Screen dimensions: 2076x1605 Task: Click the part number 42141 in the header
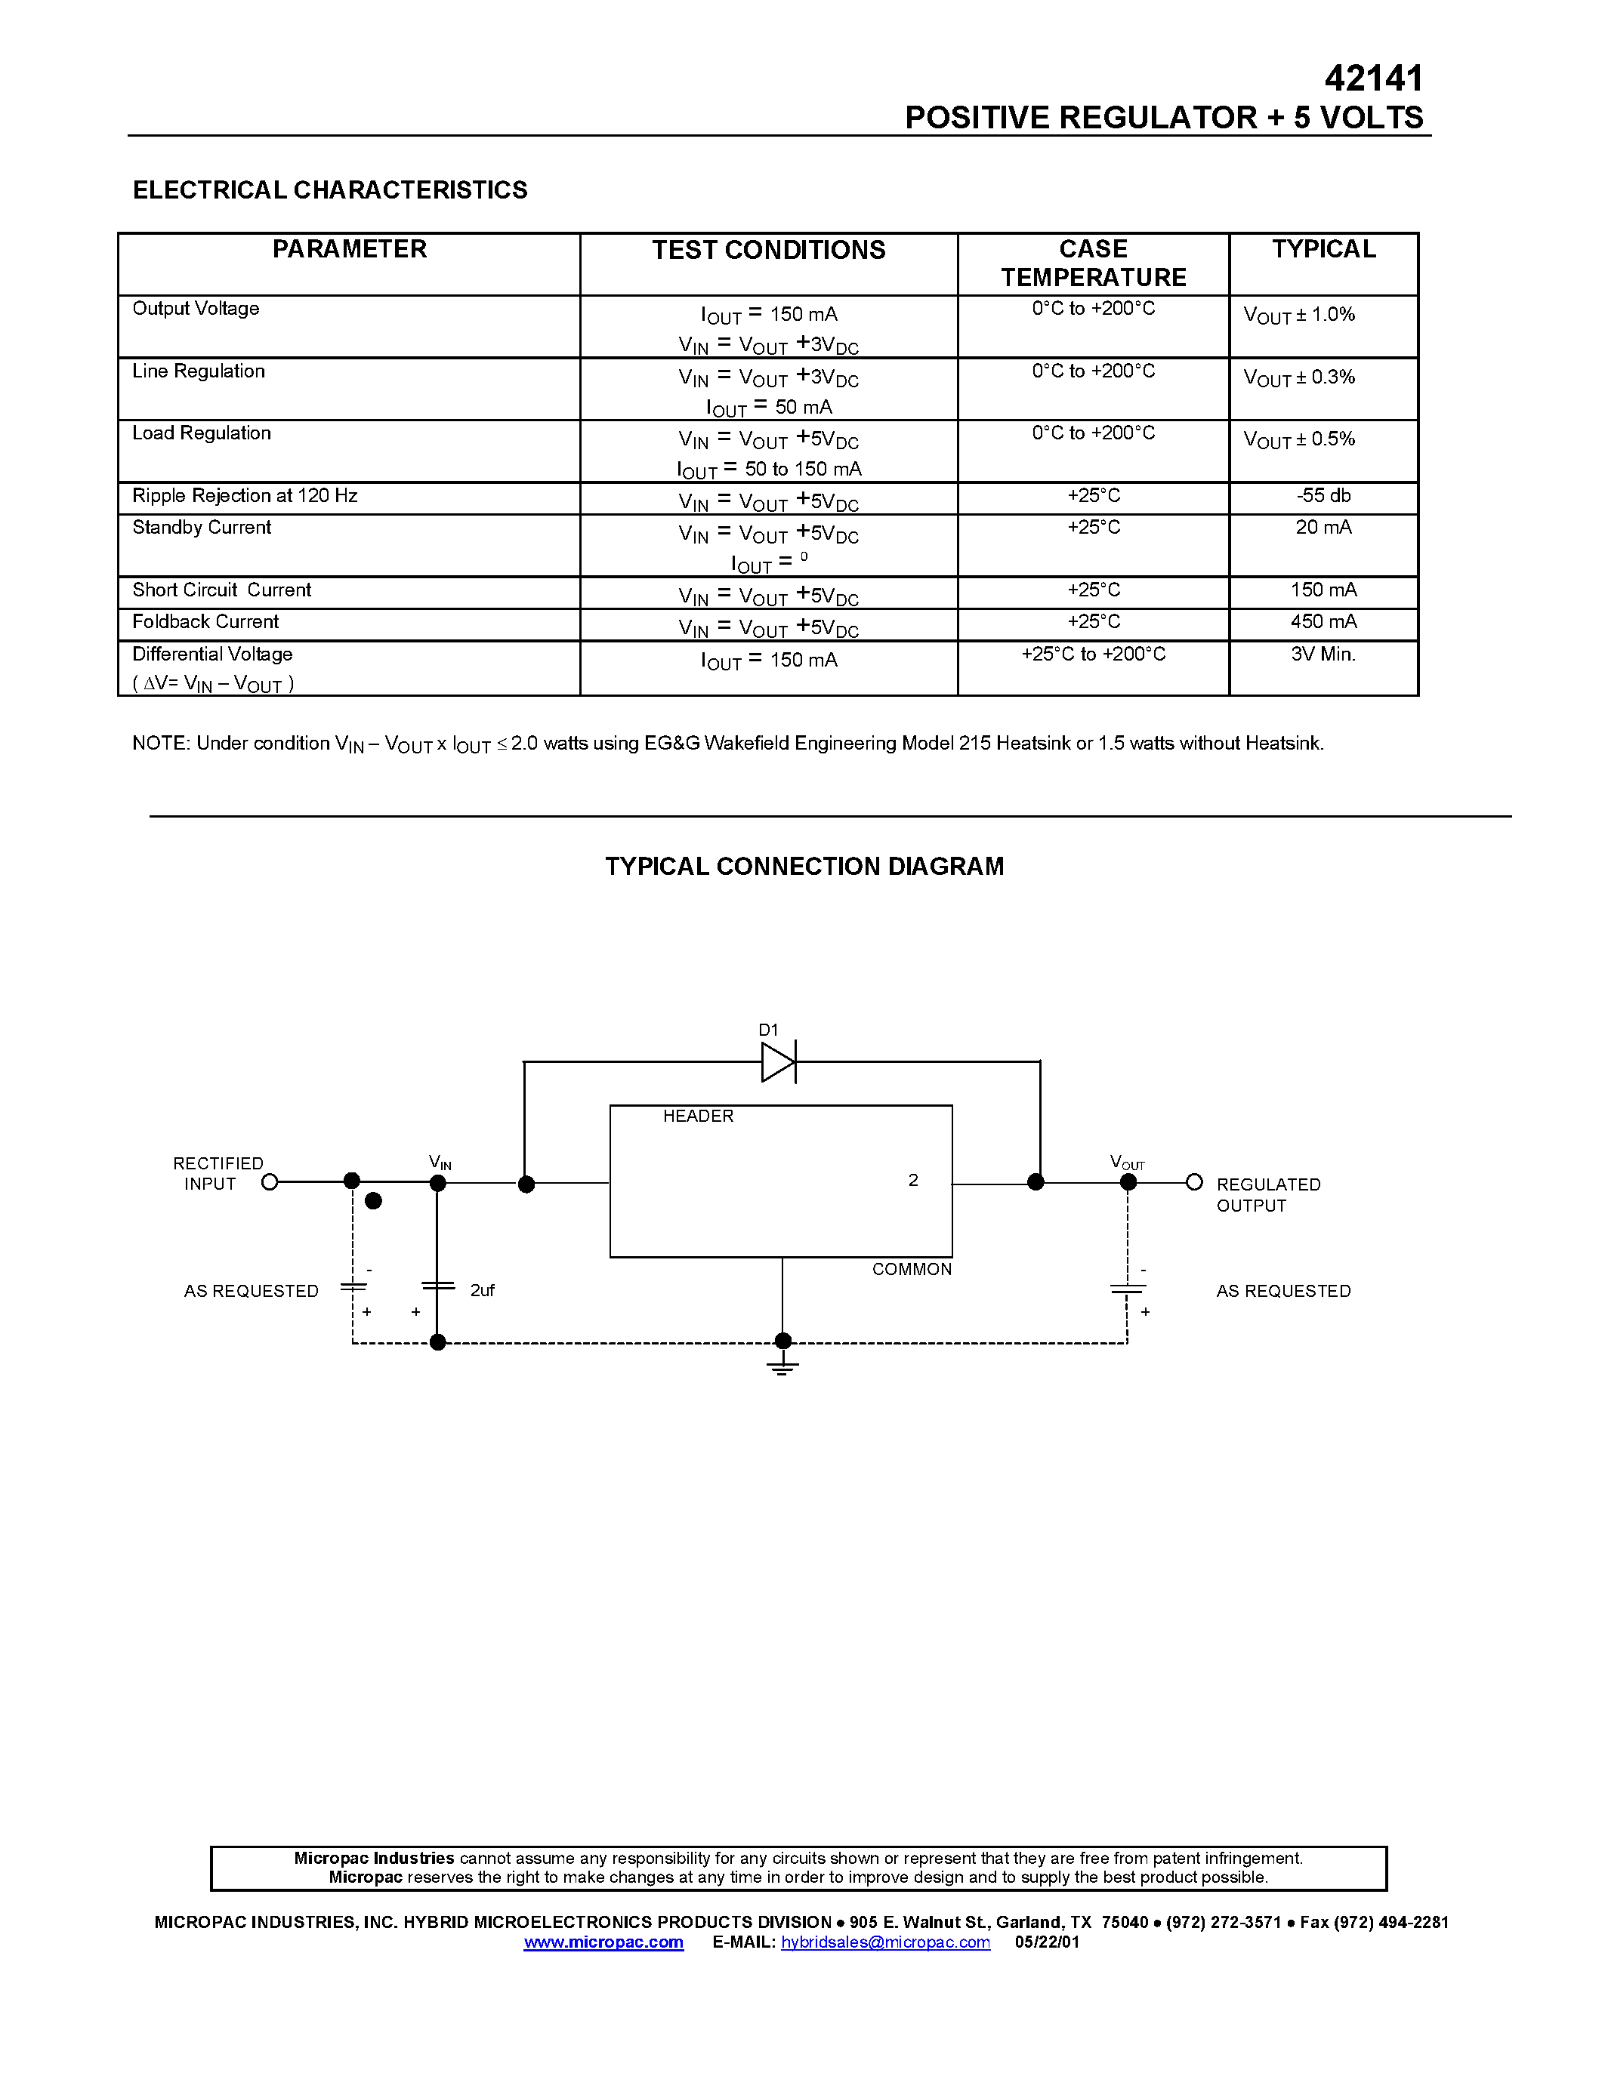pos(1373,78)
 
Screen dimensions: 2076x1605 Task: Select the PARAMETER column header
pos(349,249)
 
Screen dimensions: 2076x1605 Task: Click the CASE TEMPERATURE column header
pos(1094,263)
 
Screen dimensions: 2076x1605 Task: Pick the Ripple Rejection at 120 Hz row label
pos(245,495)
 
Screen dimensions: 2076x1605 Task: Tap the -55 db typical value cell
pos(1323,495)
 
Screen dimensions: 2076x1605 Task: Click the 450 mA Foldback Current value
pos(1323,621)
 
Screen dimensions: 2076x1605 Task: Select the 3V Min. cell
pos(1323,654)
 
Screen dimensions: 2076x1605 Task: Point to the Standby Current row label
pos(202,528)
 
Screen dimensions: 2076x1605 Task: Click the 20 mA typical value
pos(1323,528)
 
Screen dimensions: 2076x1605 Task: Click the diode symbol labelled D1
pos(779,1061)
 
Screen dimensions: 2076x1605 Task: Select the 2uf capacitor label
pos(482,1290)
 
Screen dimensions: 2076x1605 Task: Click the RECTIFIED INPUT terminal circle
pos(270,1182)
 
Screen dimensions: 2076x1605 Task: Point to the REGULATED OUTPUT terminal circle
pos(1194,1182)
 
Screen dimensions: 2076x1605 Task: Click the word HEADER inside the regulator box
pos(698,1116)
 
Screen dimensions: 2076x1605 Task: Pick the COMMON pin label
pos(911,1270)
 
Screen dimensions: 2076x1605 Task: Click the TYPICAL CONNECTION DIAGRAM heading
pos(804,866)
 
